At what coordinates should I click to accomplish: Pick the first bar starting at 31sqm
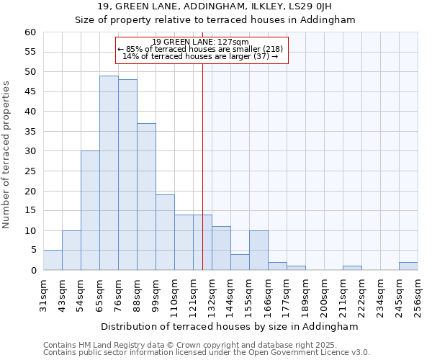53,260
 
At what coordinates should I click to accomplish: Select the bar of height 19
165,233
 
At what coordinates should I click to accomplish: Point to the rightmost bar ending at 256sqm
408,266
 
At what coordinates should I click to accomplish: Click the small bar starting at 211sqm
352,268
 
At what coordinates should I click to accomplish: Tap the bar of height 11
221,248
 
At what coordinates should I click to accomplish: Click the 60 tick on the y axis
30,32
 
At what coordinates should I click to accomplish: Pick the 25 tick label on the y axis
30,171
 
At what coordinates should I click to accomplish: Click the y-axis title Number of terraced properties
7,155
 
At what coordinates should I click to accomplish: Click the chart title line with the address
215,6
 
